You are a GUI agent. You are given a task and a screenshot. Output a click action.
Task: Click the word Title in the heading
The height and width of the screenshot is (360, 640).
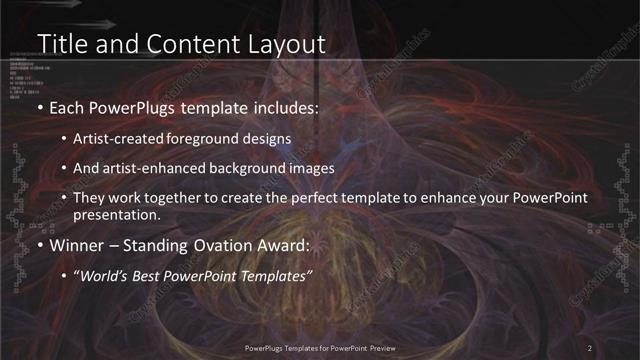tap(59, 43)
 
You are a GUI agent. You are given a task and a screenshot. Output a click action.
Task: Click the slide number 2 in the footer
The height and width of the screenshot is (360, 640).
tap(590, 347)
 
